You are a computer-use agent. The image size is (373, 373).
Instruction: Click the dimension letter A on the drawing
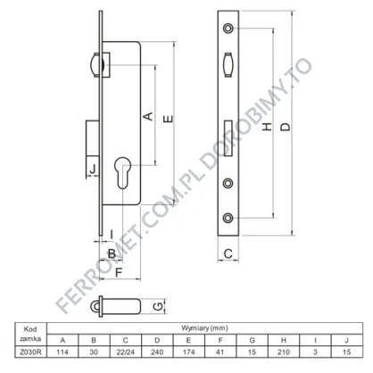coord(148,116)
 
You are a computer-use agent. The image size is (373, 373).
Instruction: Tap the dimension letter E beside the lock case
coord(169,119)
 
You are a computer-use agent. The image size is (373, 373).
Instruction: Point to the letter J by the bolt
coord(93,169)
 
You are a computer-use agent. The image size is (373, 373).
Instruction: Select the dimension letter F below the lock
coord(119,272)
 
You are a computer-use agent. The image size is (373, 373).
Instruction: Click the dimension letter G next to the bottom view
coord(159,306)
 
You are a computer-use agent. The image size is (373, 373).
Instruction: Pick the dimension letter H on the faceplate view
coord(268,127)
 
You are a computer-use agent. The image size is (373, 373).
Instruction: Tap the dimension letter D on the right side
coord(286,127)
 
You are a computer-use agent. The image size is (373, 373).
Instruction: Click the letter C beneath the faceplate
coord(228,253)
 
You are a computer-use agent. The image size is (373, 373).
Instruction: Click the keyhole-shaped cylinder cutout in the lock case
coord(122,173)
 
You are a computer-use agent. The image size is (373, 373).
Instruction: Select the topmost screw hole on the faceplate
coord(228,28)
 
